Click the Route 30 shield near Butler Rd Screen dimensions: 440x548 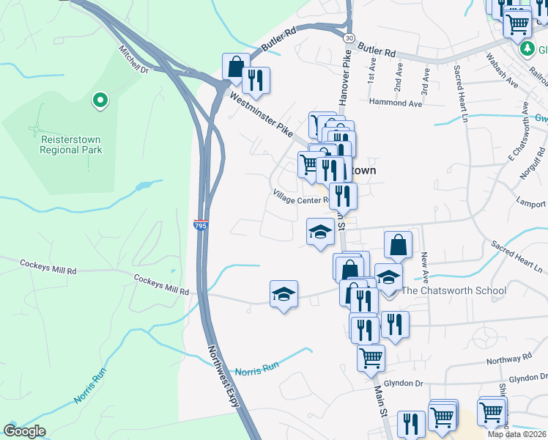pos(348,37)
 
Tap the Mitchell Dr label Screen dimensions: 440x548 pos(134,61)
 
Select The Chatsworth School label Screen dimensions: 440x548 pos(454,291)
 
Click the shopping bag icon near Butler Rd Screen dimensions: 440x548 pos(236,67)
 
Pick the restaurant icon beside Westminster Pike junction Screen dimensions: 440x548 pos(256,80)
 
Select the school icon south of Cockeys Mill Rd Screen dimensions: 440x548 pos(284,294)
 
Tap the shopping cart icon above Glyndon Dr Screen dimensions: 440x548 pos(371,359)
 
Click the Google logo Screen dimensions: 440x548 pos(24,431)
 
